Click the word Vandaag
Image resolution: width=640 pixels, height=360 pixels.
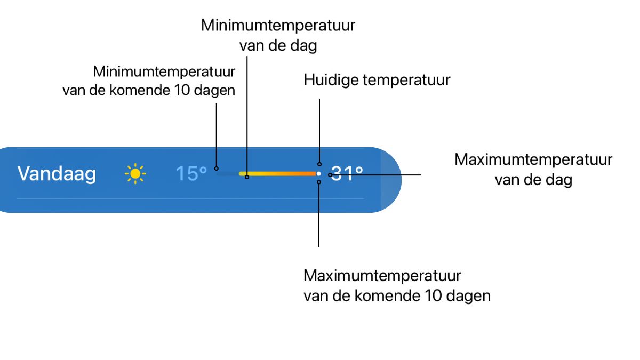(x=57, y=174)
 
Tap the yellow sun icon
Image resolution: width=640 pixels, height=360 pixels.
(x=135, y=173)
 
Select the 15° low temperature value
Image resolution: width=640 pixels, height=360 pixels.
(x=191, y=173)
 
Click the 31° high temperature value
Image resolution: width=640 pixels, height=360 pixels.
(x=347, y=173)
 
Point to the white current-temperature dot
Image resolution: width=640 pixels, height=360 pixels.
(x=318, y=173)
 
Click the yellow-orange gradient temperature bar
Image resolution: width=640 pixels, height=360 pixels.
(x=277, y=173)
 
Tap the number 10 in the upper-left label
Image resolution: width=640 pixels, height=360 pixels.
(x=182, y=90)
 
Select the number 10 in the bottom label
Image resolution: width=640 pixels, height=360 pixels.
(x=434, y=295)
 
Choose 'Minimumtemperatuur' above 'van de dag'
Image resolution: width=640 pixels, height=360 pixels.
(x=278, y=25)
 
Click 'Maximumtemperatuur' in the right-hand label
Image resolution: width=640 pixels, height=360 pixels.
(x=533, y=159)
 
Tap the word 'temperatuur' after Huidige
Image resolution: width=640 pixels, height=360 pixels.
(x=406, y=81)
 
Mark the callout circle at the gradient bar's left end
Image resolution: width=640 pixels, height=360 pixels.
(x=247, y=177)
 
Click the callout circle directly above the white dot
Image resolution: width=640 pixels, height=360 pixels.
(x=319, y=164)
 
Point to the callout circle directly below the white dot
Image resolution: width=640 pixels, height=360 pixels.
(x=319, y=182)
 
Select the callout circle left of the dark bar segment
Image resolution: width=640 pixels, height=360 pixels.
(x=217, y=169)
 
